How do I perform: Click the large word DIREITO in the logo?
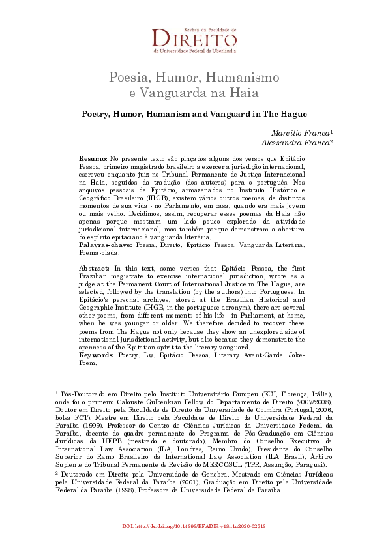click(194, 37)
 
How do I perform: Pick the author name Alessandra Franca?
click(295, 143)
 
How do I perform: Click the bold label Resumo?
click(93, 158)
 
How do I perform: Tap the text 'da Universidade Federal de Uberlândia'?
click(194, 50)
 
